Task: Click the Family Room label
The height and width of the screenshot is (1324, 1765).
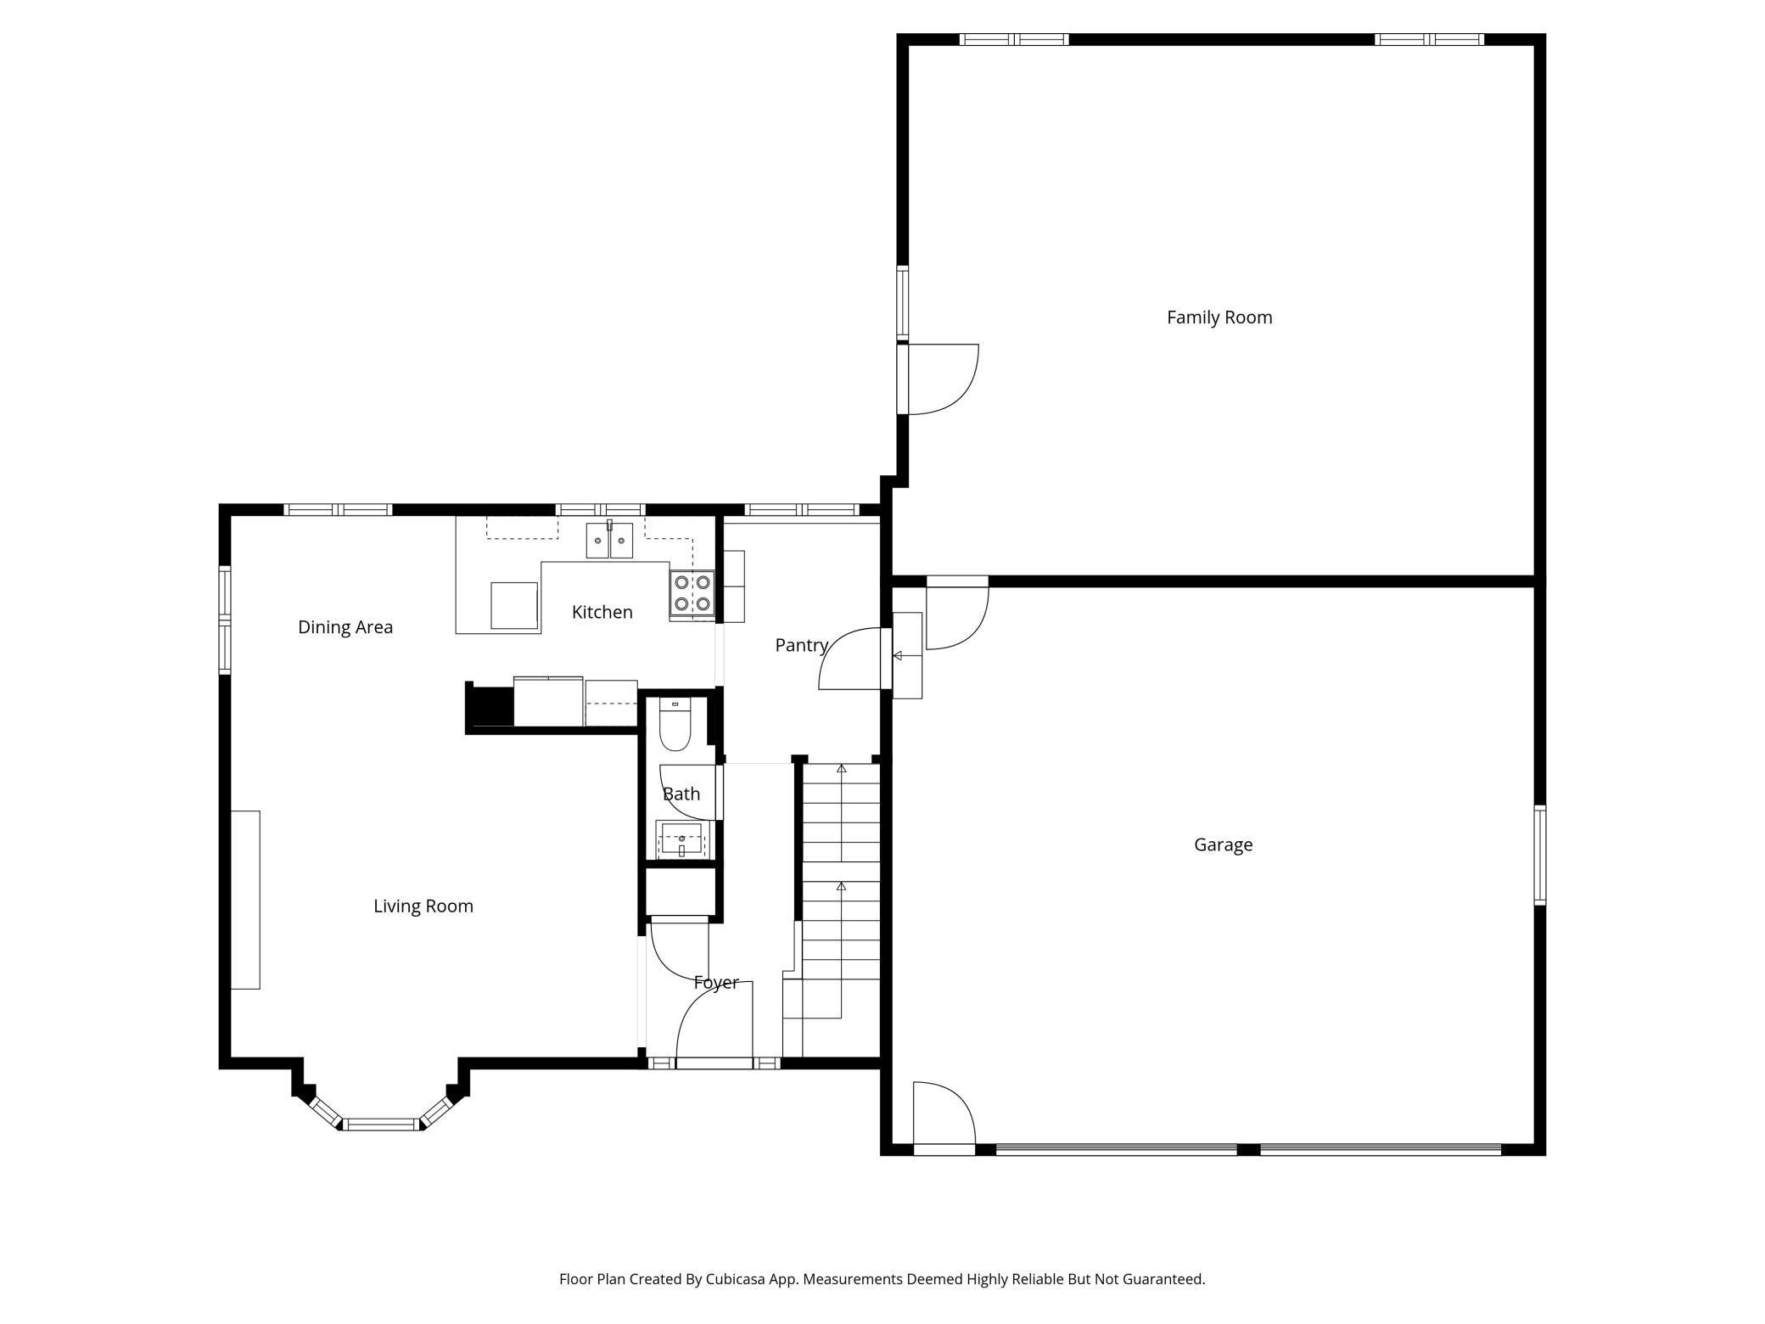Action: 1219,317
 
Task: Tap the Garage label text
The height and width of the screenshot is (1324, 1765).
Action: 1223,844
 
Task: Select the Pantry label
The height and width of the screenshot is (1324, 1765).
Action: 801,645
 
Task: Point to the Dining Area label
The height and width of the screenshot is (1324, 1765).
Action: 345,627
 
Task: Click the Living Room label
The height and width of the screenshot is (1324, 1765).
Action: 423,906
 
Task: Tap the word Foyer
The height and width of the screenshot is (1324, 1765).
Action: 716,983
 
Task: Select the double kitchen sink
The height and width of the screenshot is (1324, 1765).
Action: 609,541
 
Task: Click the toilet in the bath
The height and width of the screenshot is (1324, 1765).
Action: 675,725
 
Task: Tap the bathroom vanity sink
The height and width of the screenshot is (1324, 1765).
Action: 681,840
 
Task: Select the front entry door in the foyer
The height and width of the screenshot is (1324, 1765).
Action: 714,1022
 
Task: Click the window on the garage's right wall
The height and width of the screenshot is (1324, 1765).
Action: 1539,856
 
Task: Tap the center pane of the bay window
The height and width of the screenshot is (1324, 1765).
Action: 382,1125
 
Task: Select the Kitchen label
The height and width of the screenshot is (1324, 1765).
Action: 602,612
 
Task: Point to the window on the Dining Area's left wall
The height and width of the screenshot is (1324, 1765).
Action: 225,620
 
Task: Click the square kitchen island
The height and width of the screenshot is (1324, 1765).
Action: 514,605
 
